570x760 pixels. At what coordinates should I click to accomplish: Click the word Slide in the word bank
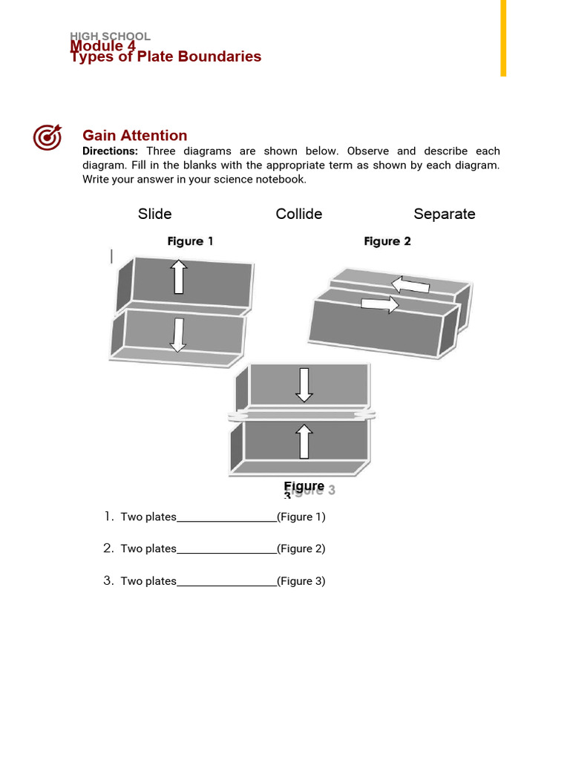pos(154,214)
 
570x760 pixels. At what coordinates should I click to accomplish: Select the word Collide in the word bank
pos(299,214)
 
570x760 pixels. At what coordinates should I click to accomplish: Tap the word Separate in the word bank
pos(445,214)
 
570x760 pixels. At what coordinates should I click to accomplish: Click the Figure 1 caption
pos(191,241)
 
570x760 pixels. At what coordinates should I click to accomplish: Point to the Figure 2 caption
pos(387,241)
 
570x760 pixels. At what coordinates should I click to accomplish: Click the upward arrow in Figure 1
pos(178,277)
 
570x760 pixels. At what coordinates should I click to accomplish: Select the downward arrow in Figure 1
pos(177,334)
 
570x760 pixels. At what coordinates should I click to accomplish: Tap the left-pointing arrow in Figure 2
pos(410,284)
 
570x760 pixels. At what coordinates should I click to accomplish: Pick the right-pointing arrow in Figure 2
pos(380,304)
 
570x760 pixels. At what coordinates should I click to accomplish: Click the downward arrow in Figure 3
pos(304,384)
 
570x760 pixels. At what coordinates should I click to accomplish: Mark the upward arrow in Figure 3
pos(304,442)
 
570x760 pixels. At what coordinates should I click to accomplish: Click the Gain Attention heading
pos(134,135)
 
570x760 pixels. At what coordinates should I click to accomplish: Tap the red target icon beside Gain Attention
pos(47,137)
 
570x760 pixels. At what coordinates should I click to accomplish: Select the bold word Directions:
pos(110,151)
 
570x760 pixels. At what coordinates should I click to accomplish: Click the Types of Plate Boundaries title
pos(166,57)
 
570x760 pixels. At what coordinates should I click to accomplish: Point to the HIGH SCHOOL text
pos(111,36)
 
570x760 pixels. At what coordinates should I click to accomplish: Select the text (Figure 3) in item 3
pos(301,581)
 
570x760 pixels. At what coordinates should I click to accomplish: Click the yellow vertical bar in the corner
pos(503,37)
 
